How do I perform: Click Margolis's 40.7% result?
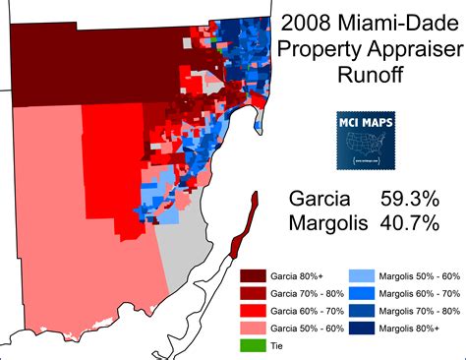click(x=412, y=223)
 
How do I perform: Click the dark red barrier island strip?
click(x=244, y=226)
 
